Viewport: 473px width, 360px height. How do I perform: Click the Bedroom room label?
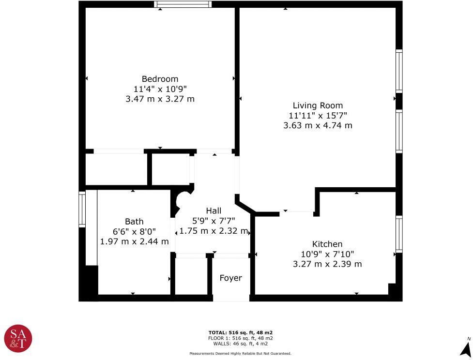[160, 79]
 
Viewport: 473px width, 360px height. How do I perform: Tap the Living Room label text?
[318, 105]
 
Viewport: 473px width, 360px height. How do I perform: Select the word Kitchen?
[327, 244]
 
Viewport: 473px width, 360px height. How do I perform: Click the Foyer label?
[230, 278]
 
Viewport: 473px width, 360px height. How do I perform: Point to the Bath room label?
[134, 222]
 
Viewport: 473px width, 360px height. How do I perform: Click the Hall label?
[214, 211]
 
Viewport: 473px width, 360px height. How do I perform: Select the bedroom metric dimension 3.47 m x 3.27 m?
[160, 99]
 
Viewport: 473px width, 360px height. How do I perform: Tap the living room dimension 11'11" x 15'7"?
[318, 116]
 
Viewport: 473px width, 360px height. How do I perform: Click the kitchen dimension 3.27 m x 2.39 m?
[327, 264]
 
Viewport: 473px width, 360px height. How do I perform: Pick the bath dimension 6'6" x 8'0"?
[134, 231]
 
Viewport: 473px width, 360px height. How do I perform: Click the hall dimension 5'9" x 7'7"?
[214, 221]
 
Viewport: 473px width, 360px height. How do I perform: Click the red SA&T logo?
[18, 338]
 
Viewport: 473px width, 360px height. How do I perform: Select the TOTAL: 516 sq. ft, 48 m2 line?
[240, 333]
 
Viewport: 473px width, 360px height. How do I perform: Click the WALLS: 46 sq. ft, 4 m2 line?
[240, 344]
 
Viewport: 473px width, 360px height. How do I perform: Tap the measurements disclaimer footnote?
[240, 354]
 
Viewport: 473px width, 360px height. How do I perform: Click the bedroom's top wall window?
[183, 4]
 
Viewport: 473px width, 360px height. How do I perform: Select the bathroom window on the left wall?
[82, 209]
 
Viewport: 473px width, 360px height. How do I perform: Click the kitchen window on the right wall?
[399, 234]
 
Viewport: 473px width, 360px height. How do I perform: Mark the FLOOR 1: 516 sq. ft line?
[240, 338]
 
